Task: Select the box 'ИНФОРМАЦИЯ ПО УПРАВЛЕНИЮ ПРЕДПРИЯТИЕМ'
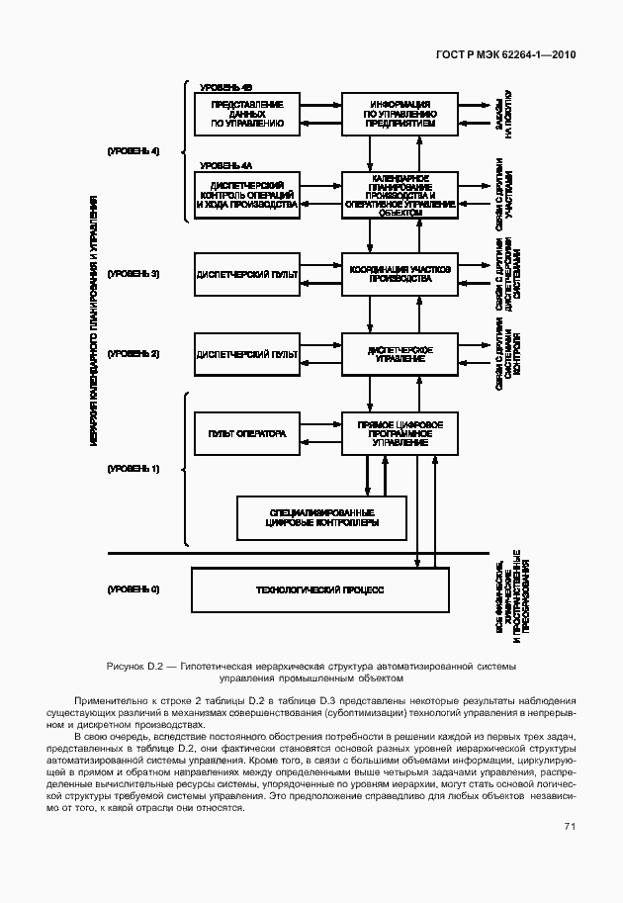400,114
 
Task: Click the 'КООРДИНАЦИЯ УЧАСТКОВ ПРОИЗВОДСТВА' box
400,273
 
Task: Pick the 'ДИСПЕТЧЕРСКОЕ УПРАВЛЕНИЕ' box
400,353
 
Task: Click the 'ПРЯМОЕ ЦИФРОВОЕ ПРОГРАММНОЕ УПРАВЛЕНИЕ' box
400,433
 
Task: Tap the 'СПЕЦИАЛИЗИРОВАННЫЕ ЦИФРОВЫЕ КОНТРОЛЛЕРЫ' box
322,516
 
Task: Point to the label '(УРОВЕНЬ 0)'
133,589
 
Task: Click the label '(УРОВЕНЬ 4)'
133,150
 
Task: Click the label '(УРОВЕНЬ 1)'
133,468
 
